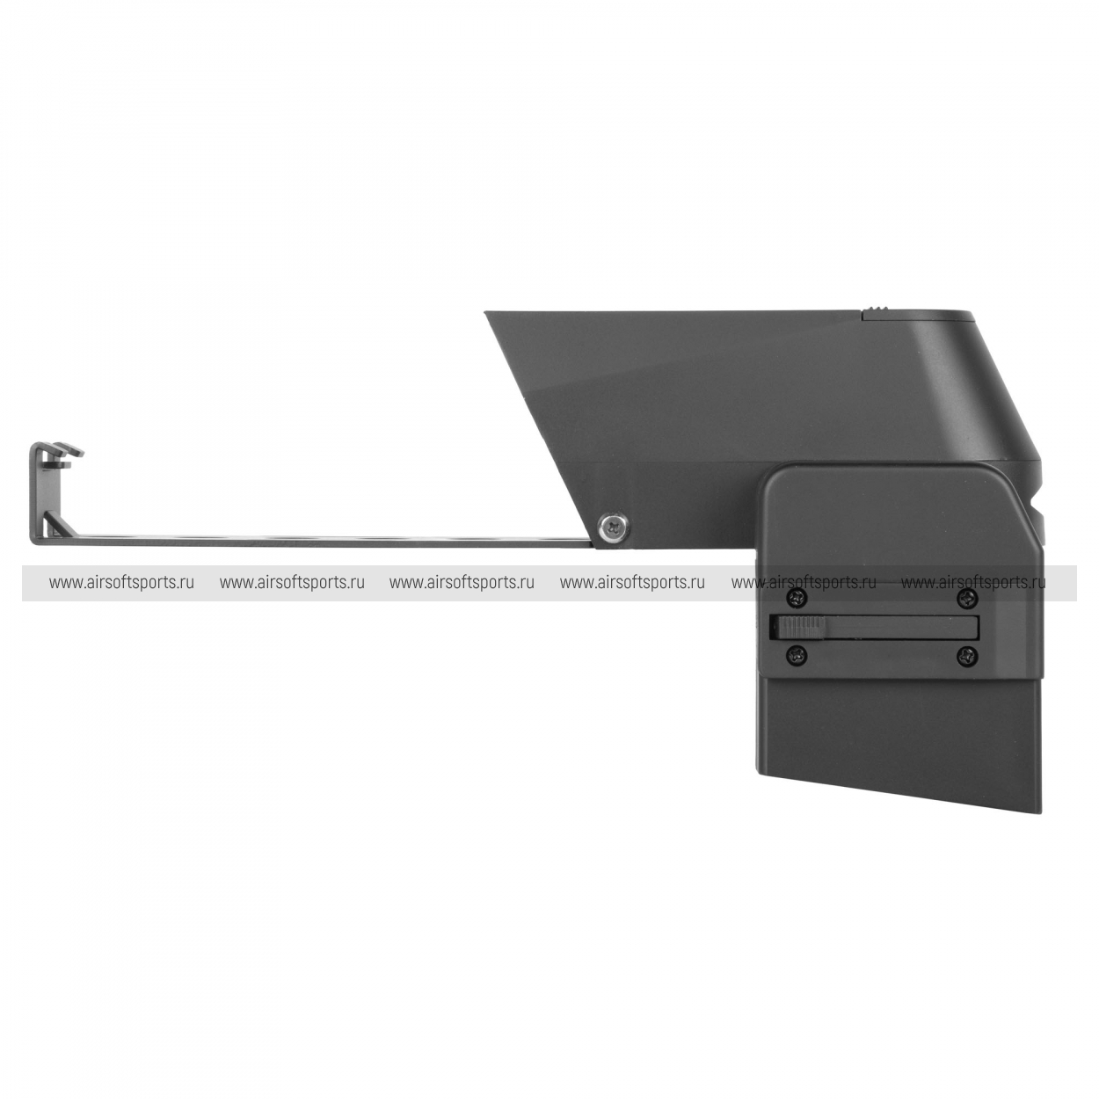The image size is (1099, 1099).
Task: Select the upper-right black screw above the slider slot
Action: coord(967,598)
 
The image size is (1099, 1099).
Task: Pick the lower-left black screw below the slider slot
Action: coord(797,654)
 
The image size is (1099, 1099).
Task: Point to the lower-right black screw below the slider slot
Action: coord(967,654)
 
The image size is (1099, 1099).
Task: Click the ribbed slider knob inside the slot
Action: coord(798,627)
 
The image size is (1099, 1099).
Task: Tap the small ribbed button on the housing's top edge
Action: coord(878,311)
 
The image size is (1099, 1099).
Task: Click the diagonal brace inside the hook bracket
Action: coord(56,523)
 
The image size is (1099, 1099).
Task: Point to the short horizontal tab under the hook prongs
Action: coord(60,465)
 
